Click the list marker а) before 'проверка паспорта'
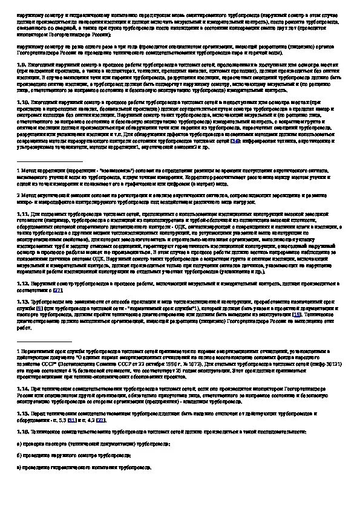point(19,444)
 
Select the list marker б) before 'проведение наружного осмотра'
point(19,455)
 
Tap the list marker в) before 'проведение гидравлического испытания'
point(19,467)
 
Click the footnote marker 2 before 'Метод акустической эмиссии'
point(18,196)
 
